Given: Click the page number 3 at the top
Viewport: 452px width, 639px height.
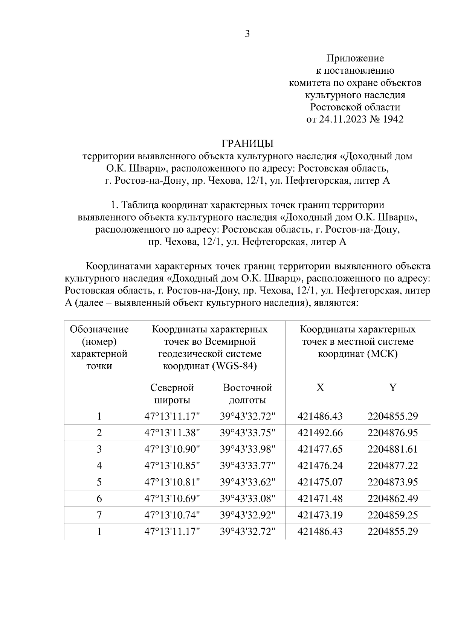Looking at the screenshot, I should coord(247,34).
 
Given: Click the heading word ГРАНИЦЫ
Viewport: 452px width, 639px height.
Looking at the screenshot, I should coord(247,143).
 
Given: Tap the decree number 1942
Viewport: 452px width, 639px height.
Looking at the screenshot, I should coord(393,119).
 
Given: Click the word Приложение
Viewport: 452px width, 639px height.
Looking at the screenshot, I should coord(355,58).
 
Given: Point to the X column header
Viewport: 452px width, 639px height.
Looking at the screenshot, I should coord(320,388).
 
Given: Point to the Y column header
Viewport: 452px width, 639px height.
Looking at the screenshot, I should coord(393,388).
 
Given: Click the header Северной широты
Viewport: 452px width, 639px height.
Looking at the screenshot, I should coord(172,394).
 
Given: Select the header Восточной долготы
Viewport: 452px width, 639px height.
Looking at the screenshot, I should coord(247,394).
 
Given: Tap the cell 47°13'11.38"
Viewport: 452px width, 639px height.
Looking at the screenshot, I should coord(172,433).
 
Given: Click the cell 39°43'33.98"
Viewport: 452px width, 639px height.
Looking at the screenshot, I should coord(247,449).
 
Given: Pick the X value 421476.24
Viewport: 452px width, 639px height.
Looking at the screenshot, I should coord(320,466).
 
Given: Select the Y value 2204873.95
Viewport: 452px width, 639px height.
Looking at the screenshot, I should coord(393,482).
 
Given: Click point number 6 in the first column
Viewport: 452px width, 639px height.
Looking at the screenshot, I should coord(99,499).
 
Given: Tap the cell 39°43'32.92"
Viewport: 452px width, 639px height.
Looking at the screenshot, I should coord(247,515).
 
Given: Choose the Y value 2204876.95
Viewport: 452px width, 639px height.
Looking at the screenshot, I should coord(393,433).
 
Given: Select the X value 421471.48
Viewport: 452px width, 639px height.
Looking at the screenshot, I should coord(320,499).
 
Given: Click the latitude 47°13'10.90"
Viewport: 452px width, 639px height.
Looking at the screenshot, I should coord(172,449).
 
